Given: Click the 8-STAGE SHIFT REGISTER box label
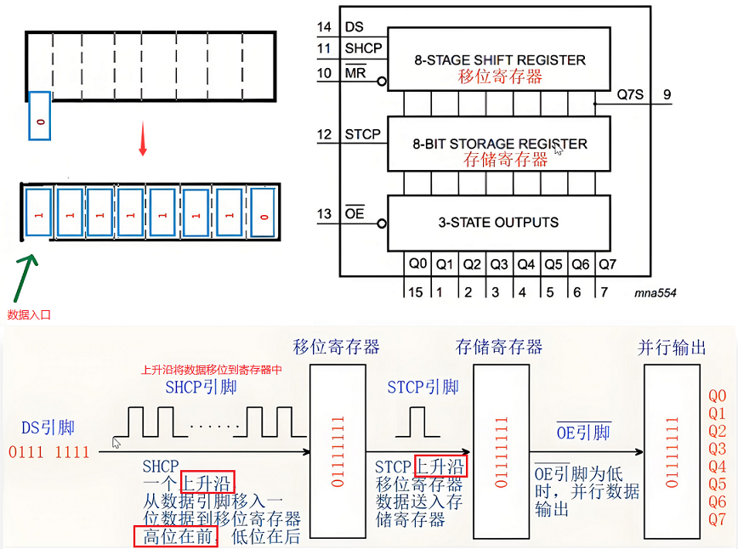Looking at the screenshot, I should click(x=500, y=60).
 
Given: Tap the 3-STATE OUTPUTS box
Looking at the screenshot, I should click(x=498, y=223).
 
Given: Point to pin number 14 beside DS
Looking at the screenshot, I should click(x=324, y=27).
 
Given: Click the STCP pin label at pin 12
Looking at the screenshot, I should click(x=362, y=134).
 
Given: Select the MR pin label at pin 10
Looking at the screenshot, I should click(x=355, y=73).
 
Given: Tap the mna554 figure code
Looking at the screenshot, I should click(x=656, y=292).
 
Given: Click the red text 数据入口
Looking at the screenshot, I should click(x=30, y=314).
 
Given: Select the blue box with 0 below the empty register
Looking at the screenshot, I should click(x=40, y=116).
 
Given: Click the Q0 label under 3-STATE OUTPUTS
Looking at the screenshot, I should click(x=417, y=264).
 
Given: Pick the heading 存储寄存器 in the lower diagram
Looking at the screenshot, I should click(x=499, y=348).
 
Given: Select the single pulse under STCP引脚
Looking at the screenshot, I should click(x=418, y=421).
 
